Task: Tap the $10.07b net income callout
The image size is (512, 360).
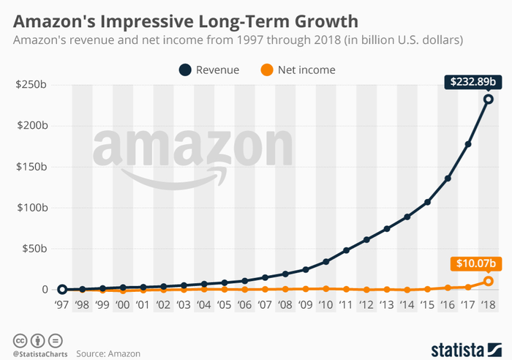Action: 473,263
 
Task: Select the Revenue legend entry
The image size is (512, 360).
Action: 208,70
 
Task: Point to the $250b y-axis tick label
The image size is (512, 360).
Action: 31,86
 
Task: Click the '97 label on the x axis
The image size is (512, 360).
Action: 62,307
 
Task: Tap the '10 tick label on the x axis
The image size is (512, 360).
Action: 325,307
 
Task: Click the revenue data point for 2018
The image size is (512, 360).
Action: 488,100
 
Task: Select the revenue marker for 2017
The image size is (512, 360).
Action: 468,144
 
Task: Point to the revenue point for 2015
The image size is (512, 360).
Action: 427,202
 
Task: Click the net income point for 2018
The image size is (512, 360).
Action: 488,281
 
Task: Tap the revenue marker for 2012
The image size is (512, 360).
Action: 366,239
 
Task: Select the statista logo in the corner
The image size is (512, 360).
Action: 465,345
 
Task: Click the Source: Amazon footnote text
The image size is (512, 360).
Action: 109,353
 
